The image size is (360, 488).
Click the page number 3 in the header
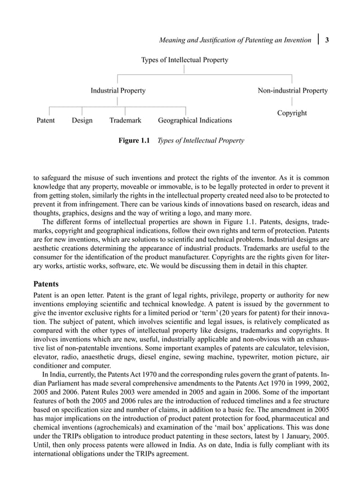tap(328, 40)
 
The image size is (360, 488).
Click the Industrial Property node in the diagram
tap(118, 91)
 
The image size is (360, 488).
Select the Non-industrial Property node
tap(292, 91)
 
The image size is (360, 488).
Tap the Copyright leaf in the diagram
tap(292, 113)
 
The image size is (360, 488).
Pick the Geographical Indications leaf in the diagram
tap(195, 121)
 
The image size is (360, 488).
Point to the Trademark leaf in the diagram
tap(125, 121)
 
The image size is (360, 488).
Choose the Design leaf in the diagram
tap(82, 121)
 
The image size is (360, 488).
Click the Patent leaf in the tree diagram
tap(46, 121)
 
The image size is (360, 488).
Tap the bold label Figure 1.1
tap(133, 140)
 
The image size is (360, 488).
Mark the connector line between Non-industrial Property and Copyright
tap(292, 102)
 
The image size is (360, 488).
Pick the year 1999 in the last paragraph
tap(296, 389)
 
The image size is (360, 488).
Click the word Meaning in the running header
tap(173, 40)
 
